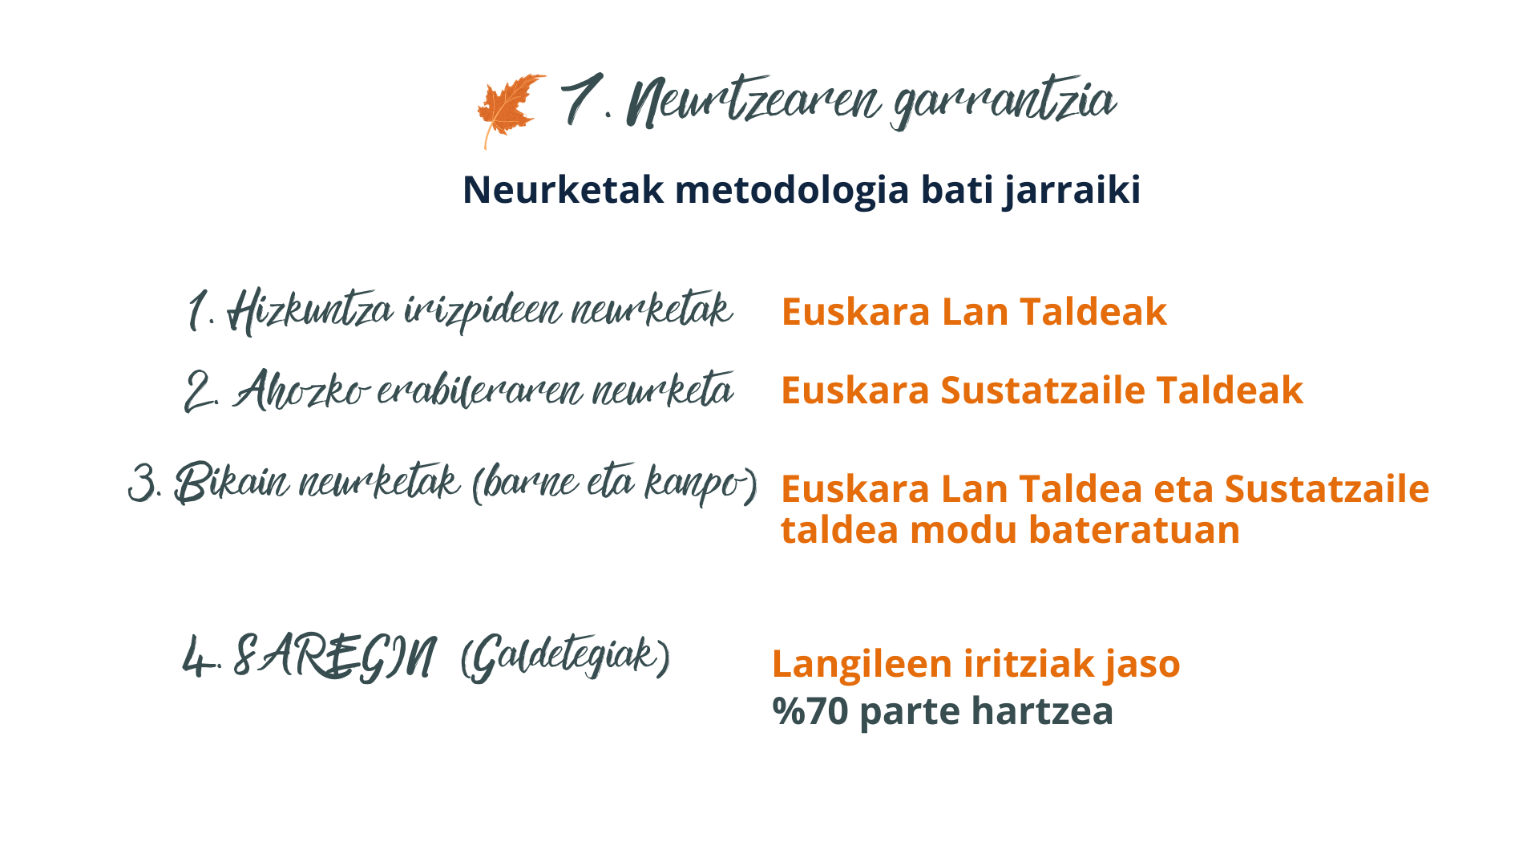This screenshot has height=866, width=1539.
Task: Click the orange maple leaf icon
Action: pos(510,111)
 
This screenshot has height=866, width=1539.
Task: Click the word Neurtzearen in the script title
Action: pos(754,102)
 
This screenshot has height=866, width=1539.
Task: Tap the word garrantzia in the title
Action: pos(1004,104)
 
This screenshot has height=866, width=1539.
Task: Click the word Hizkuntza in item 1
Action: pos(310,311)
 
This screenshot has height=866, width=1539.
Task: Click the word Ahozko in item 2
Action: pos(301,391)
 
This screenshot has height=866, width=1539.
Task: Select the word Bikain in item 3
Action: pos(232,483)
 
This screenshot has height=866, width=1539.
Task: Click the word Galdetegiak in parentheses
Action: pos(565,658)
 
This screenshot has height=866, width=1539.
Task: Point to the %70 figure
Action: pos(810,711)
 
